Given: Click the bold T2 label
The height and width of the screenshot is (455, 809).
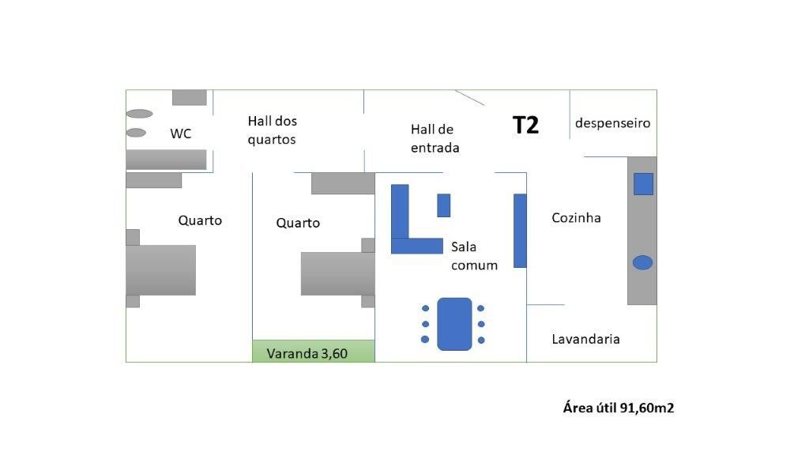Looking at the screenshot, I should (x=525, y=125).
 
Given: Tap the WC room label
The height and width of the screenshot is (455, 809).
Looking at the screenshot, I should (x=181, y=133).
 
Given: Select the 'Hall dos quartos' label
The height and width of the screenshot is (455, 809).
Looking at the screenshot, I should (x=272, y=130).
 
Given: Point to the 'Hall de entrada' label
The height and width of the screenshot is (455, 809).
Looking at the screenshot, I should (x=435, y=138).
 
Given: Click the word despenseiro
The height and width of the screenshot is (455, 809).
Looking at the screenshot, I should (x=612, y=123).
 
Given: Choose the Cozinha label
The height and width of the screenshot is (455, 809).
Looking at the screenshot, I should (x=576, y=217).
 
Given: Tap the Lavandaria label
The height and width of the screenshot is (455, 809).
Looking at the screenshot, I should (x=585, y=339).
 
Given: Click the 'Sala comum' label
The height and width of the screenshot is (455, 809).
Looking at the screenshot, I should (x=474, y=256).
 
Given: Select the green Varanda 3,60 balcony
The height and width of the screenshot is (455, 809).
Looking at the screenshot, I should (x=313, y=352).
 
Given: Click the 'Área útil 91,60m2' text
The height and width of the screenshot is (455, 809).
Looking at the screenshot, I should (x=618, y=408).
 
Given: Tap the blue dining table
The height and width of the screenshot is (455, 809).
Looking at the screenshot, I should (x=453, y=324).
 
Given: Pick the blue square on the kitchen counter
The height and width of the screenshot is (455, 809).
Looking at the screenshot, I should (x=643, y=183).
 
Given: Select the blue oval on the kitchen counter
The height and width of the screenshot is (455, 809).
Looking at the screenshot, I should (x=642, y=262).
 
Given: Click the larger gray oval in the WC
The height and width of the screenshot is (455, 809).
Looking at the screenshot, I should (x=139, y=114).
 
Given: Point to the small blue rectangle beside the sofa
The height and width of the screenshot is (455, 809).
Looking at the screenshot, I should (x=443, y=205).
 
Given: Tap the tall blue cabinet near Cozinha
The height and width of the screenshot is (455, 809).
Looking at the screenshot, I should (x=520, y=230).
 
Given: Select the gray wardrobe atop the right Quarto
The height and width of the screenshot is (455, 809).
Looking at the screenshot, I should (x=343, y=183).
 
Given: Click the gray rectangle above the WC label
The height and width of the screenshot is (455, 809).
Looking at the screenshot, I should (x=190, y=97).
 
